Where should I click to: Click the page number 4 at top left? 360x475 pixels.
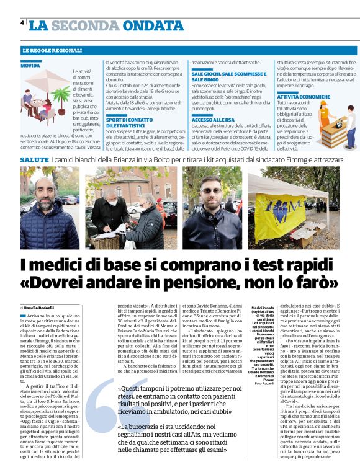22,24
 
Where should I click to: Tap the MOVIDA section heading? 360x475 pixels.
30,65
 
